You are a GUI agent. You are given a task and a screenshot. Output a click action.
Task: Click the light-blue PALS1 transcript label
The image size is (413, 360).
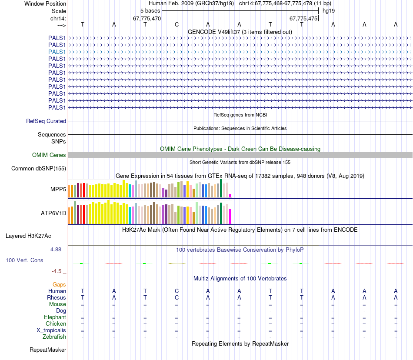click(x=57, y=52)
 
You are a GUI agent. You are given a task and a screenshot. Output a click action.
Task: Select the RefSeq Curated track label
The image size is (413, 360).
click(x=46, y=121)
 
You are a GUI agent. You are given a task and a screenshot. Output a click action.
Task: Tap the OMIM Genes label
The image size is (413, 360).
click(x=49, y=155)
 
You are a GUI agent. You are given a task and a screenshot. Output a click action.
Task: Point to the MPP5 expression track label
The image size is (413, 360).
click(x=58, y=189)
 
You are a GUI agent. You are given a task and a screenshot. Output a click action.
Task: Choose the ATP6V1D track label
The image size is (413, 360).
click(x=53, y=213)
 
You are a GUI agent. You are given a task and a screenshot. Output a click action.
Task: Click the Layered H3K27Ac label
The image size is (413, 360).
click(x=28, y=236)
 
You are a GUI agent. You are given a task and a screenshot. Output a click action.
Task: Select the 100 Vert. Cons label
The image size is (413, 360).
click(x=24, y=260)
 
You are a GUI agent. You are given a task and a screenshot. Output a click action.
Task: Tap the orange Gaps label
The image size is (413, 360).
click(x=59, y=284)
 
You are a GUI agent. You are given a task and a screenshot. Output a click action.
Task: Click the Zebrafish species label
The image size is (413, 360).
click(x=54, y=337)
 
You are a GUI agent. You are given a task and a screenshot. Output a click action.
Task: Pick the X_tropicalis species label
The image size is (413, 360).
click(x=51, y=330)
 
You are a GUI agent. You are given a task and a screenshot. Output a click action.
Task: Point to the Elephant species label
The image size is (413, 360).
click(x=55, y=317)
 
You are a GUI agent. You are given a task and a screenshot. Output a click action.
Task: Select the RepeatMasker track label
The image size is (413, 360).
click(x=48, y=350)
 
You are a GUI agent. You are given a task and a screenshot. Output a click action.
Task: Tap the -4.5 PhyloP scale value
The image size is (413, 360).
click(x=57, y=271)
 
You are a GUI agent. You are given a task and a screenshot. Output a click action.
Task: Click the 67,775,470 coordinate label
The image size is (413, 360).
click(x=147, y=19)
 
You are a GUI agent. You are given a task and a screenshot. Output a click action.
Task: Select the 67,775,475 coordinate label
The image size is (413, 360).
click(x=303, y=19)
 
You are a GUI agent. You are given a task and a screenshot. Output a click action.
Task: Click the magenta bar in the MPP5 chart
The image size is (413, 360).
click(x=230, y=195)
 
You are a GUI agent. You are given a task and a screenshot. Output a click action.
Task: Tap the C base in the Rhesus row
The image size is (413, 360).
click(x=177, y=297)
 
